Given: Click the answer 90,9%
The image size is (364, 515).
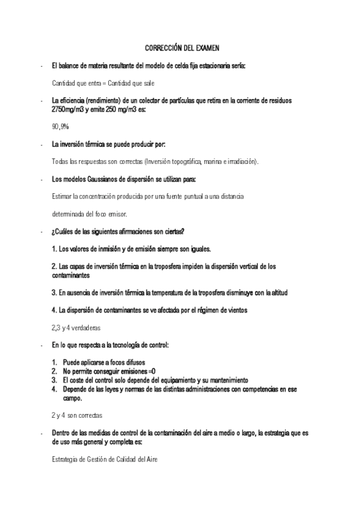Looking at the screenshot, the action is click(60, 127).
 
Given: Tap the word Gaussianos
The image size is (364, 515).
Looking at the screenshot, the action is click(99, 179).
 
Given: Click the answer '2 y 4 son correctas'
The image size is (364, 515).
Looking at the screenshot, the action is click(77, 416).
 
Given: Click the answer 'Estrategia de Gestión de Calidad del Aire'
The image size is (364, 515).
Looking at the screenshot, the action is click(105, 460).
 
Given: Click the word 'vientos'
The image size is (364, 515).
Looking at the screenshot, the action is click(236, 310).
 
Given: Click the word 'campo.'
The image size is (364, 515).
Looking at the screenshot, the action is click(72, 399).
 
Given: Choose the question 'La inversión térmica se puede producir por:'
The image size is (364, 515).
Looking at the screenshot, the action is click(109, 145).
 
